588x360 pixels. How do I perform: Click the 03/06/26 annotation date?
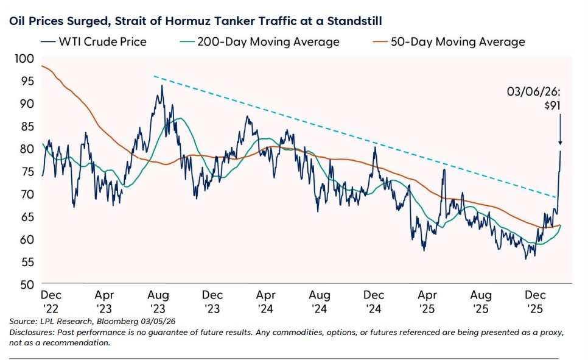(x=534, y=92)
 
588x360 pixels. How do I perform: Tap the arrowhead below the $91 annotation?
(x=559, y=144)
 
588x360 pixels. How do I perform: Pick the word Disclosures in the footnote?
(x=31, y=332)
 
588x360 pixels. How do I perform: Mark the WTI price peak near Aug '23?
(x=161, y=86)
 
